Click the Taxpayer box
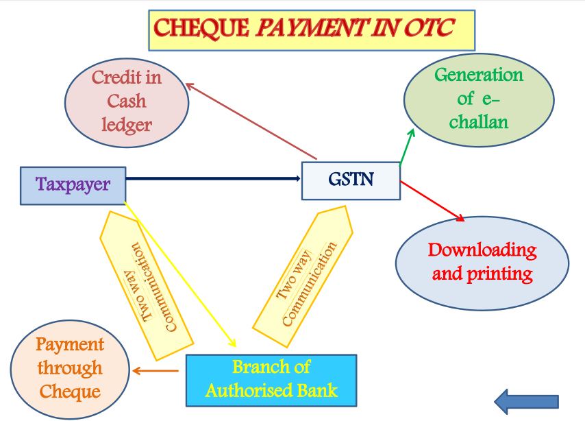[73, 185]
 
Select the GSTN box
[351, 180]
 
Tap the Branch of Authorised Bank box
[271, 380]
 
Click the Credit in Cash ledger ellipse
[127, 101]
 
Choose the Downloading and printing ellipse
[482, 262]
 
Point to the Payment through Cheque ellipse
[71, 368]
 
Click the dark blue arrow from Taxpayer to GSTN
[212, 179]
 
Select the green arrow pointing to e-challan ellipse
[407, 146]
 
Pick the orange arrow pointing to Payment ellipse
[155, 371]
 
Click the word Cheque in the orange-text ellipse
[71, 392]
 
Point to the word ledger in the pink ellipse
[127, 124]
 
